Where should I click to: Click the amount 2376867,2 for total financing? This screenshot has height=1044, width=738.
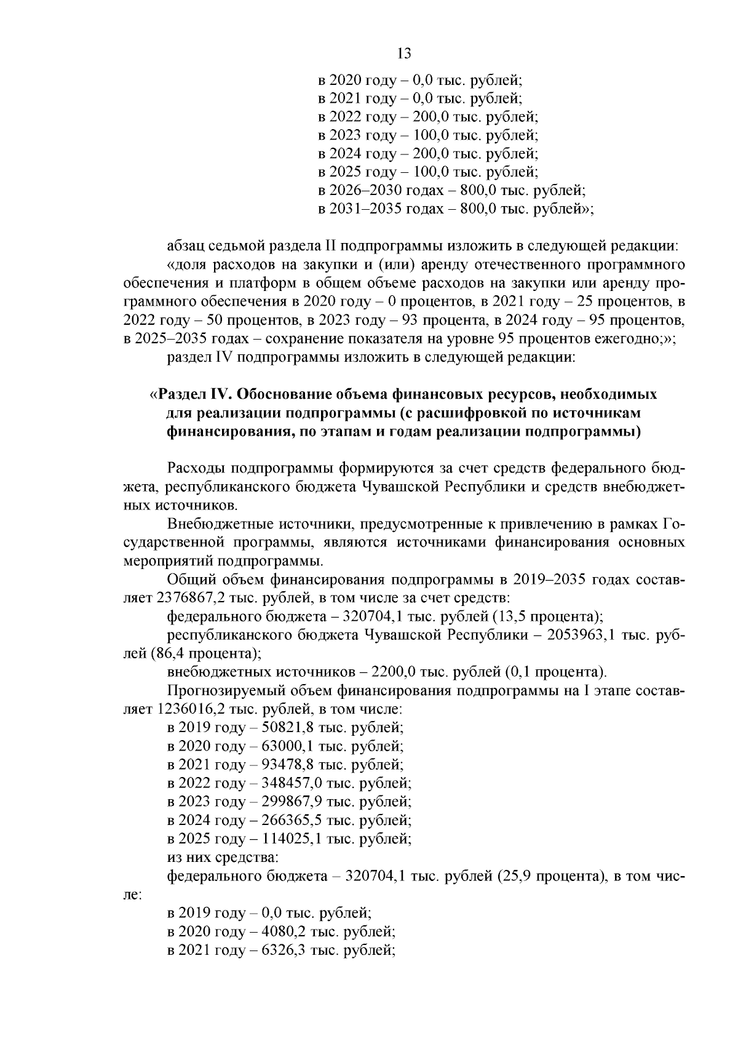189,597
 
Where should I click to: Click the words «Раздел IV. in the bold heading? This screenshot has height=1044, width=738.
188,394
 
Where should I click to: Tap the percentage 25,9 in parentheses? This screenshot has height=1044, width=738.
525,876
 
